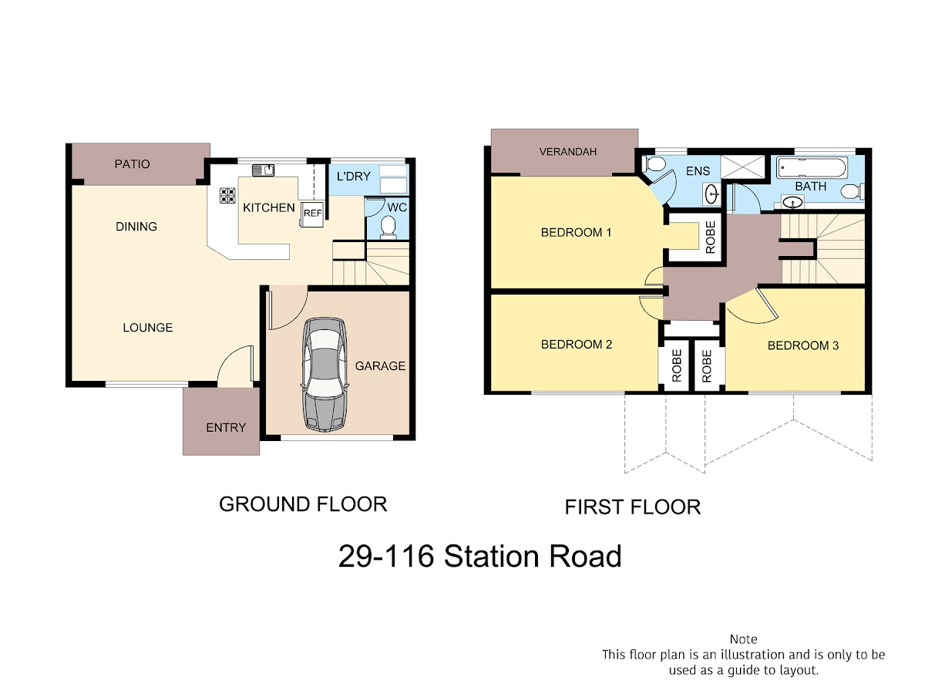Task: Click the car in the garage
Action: point(325,374)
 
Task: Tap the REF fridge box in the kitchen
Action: point(312,214)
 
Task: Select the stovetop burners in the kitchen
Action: point(227,196)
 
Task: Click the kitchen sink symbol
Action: point(263,170)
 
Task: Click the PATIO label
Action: point(133,164)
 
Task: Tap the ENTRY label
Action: point(226,428)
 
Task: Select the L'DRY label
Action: point(354,176)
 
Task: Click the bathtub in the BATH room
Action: point(812,167)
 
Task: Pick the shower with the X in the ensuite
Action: point(742,167)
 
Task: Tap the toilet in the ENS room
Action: point(655,164)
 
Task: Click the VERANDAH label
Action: point(567,152)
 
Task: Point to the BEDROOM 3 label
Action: point(802,345)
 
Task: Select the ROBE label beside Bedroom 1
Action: point(710,238)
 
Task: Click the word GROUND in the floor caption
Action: point(264,504)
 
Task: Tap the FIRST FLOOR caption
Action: point(633,507)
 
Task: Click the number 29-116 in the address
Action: point(385,556)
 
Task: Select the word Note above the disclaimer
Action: point(743,639)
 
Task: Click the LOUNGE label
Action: point(148,328)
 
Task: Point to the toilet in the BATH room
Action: point(851,192)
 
